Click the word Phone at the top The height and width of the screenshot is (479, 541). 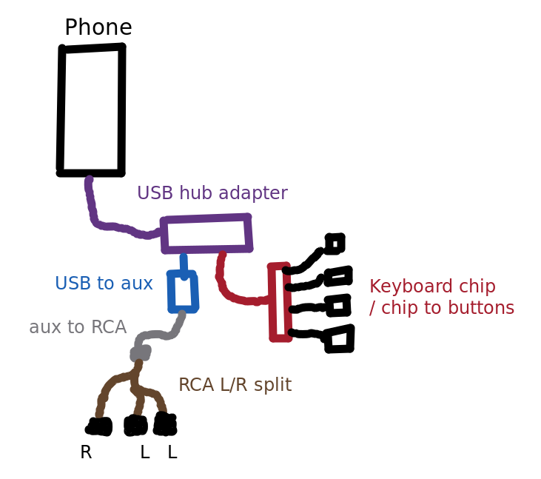point(98,28)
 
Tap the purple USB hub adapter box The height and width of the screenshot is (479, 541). point(206,234)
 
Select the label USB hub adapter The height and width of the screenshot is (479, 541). point(212,193)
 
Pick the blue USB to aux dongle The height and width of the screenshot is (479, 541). point(183,292)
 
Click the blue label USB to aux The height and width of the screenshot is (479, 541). point(104,284)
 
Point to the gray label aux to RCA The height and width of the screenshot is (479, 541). point(78,327)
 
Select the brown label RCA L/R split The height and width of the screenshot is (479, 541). point(235,385)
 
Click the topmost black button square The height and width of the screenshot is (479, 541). point(335,243)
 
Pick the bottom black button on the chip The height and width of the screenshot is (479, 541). point(340,339)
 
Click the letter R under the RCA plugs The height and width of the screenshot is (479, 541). point(86,452)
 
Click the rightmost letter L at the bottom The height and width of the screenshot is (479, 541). point(172,452)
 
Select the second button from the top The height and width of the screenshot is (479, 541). point(338,276)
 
